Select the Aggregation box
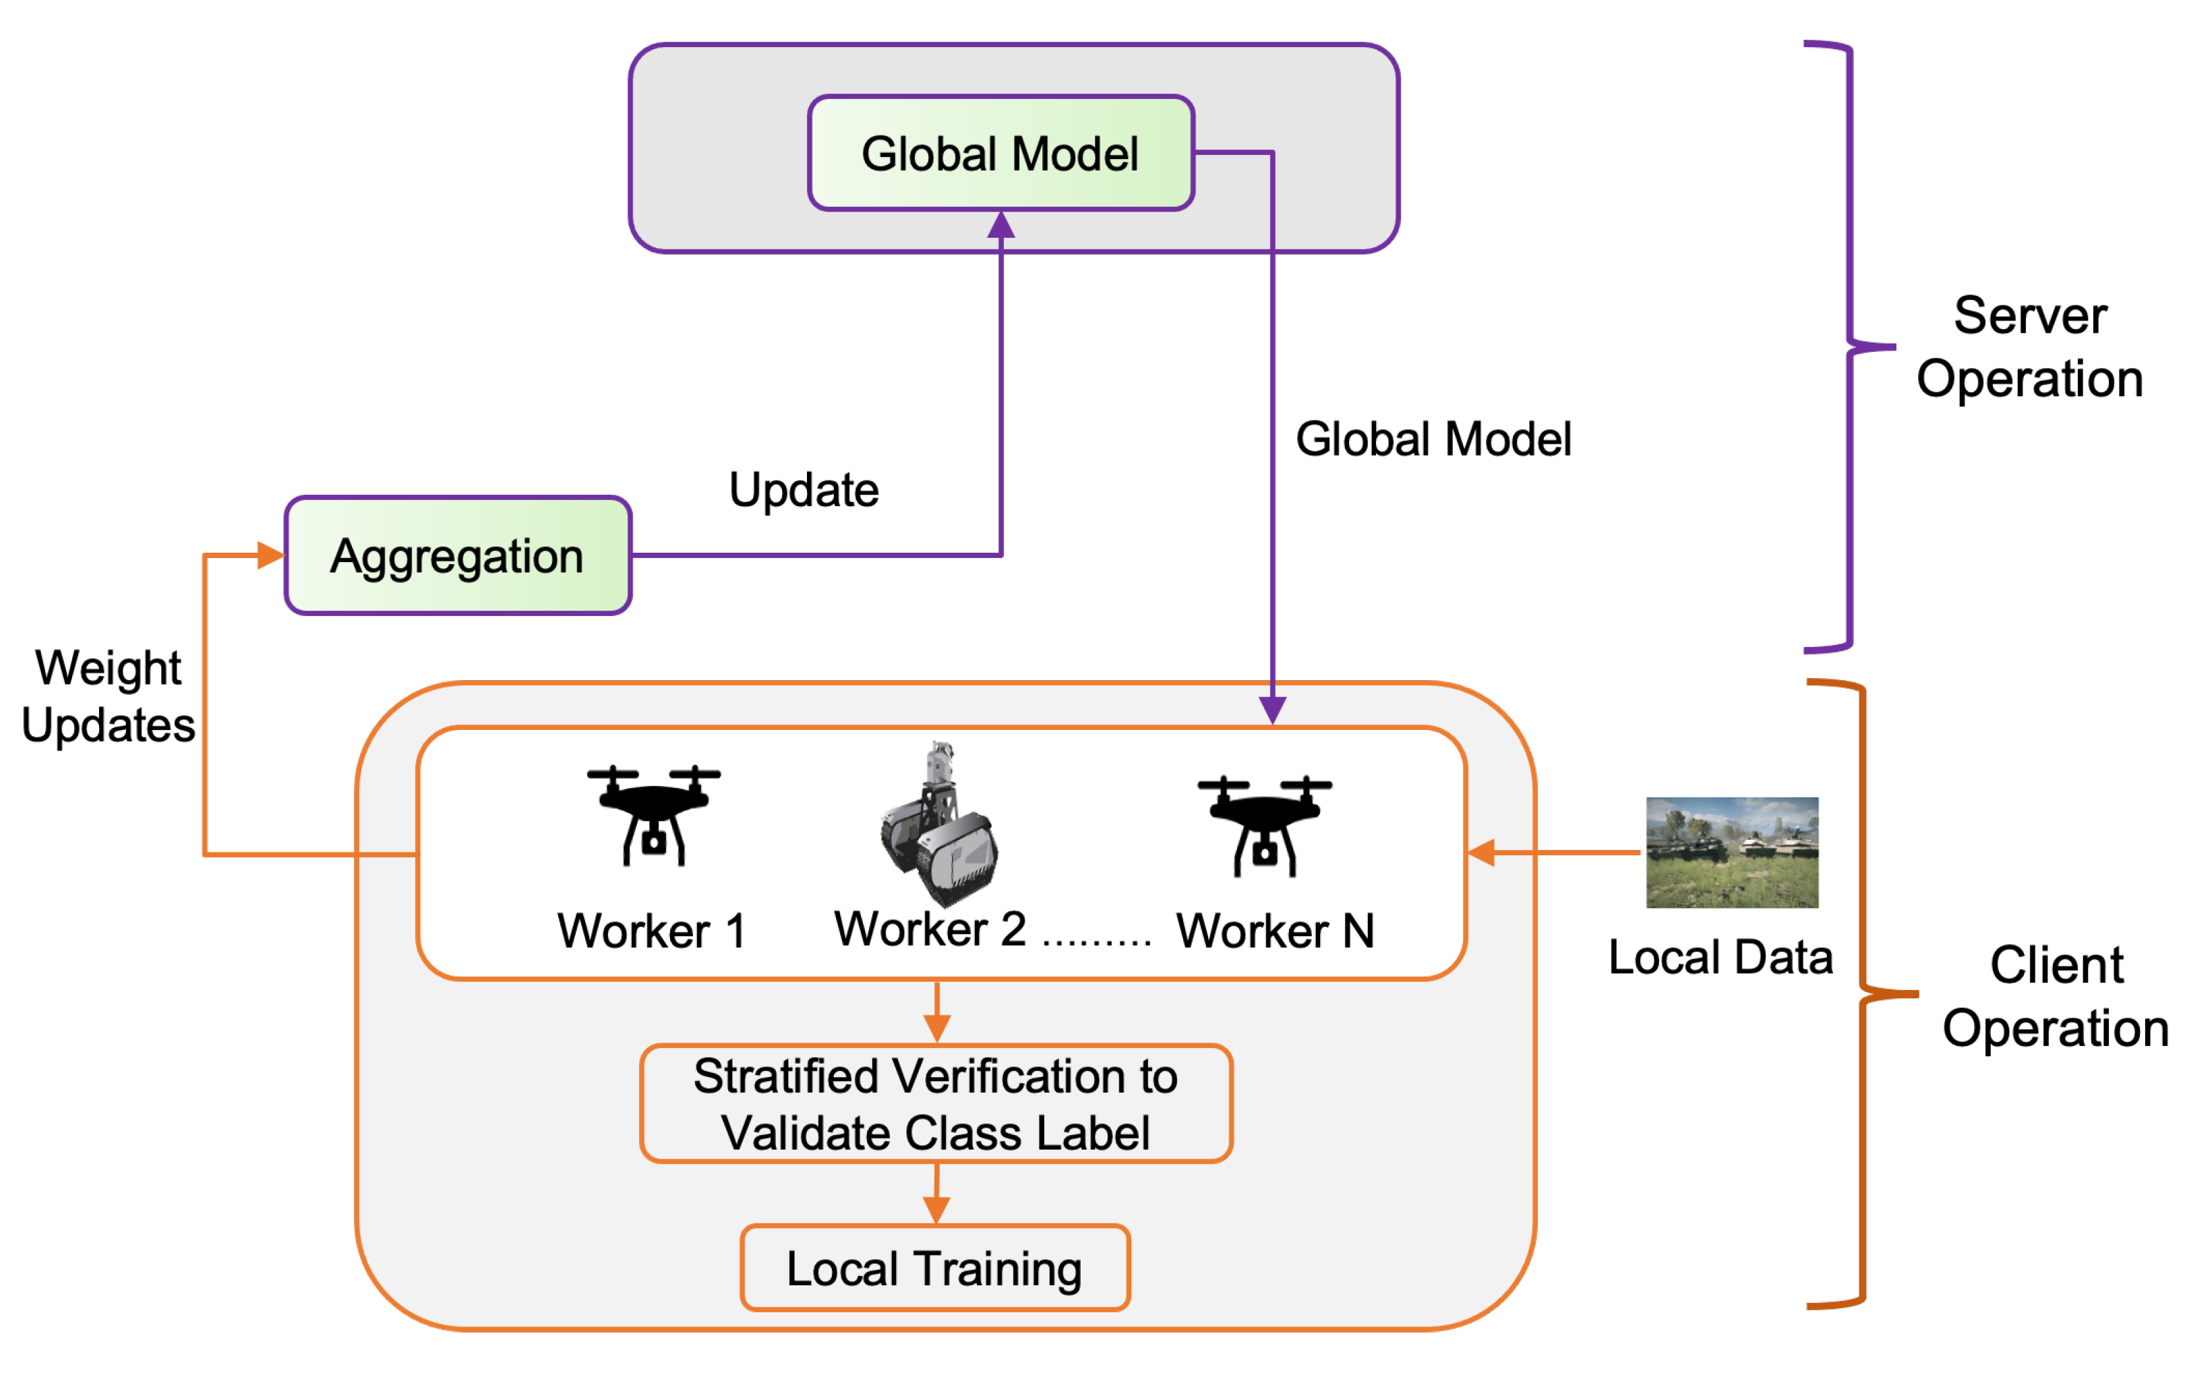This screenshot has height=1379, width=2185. coord(457,555)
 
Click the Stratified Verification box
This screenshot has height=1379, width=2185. coord(936,1103)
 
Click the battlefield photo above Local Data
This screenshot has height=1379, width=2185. coord(1731,852)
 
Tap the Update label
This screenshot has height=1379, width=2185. coord(804,490)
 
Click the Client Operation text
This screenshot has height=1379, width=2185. coord(2056,996)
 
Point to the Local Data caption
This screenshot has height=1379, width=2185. coord(1720,957)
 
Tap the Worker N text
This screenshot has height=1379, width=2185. coord(1275,931)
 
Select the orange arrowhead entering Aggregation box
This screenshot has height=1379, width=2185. coord(270,555)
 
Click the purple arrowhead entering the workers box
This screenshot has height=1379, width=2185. coord(1272,710)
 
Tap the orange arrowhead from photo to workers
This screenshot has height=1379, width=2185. coord(1481,853)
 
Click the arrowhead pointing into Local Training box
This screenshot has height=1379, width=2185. coord(936,1209)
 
